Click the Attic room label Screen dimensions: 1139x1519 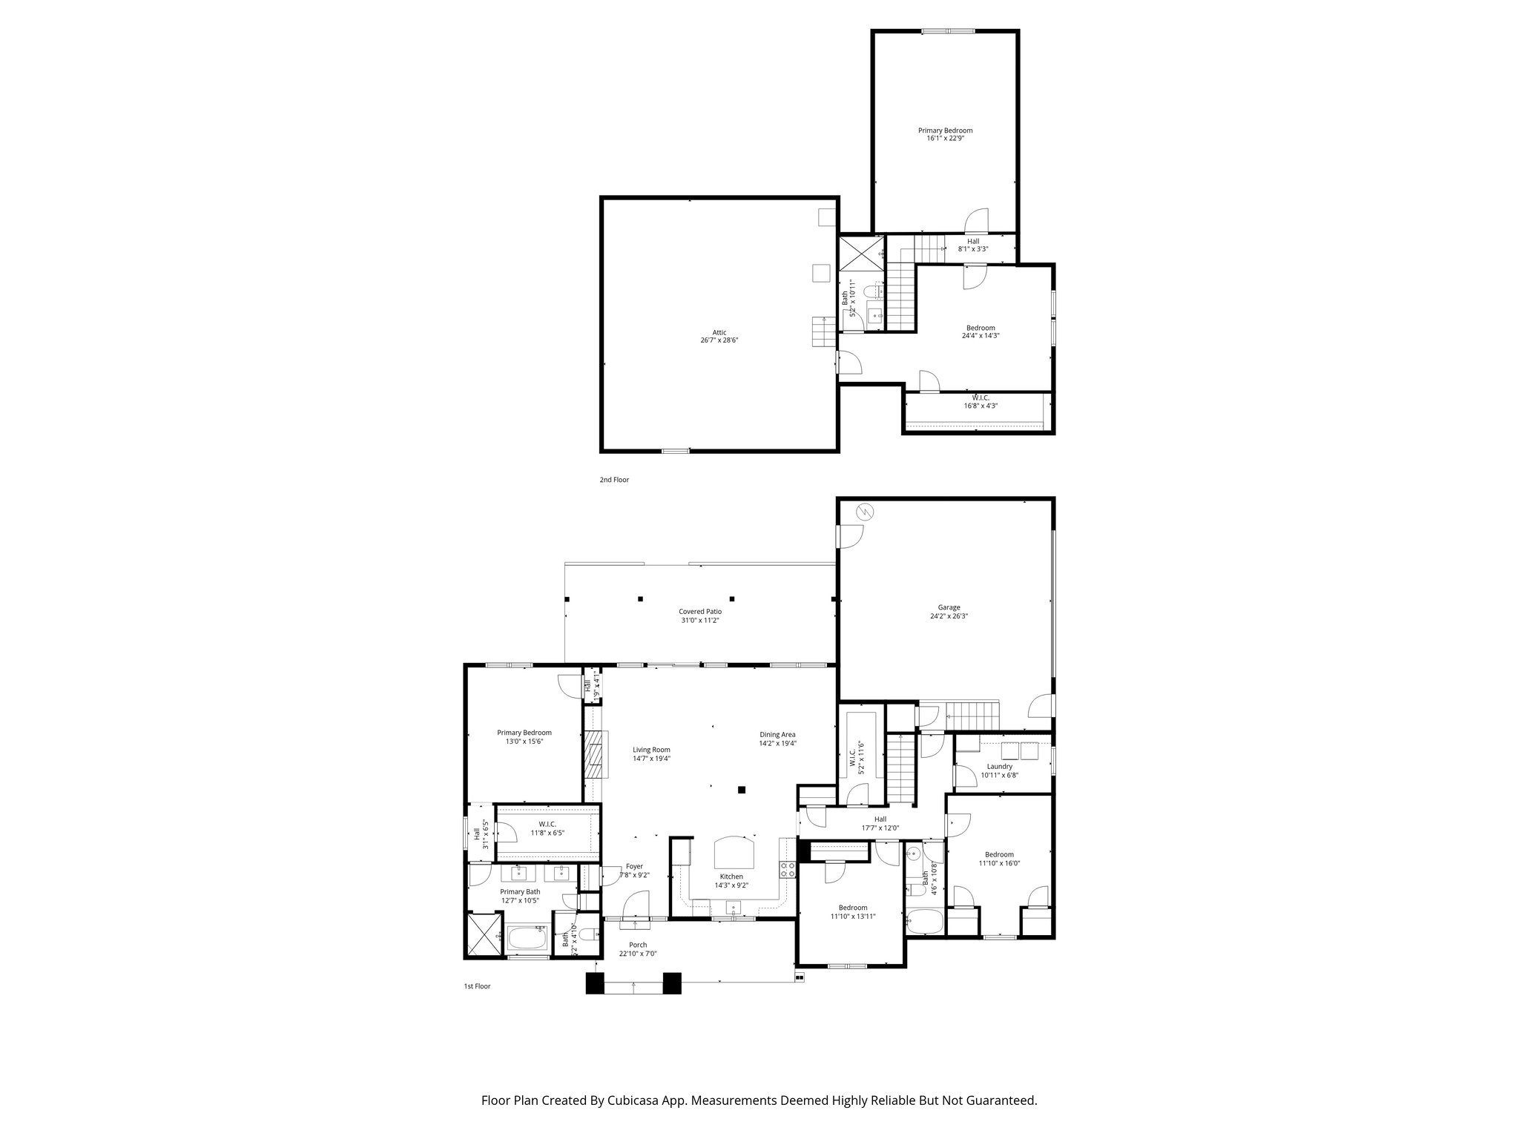pos(719,332)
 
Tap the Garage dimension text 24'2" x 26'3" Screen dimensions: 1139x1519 pos(949,616)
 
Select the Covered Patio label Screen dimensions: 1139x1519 pos(699,612)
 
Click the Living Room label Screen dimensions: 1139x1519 pos(651,750)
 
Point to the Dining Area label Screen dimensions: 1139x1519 pos(777,735)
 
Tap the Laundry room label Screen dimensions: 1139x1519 pos(1000,767)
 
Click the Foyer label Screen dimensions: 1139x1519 pos(634,866)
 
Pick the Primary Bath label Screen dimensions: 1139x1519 pos(520,892)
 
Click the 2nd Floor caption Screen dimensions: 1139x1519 pos(614,480)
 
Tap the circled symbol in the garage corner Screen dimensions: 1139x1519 pos(865,511)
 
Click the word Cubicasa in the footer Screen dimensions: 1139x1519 pos(642,1100)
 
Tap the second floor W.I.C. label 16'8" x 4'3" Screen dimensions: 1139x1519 pos(981,406)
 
